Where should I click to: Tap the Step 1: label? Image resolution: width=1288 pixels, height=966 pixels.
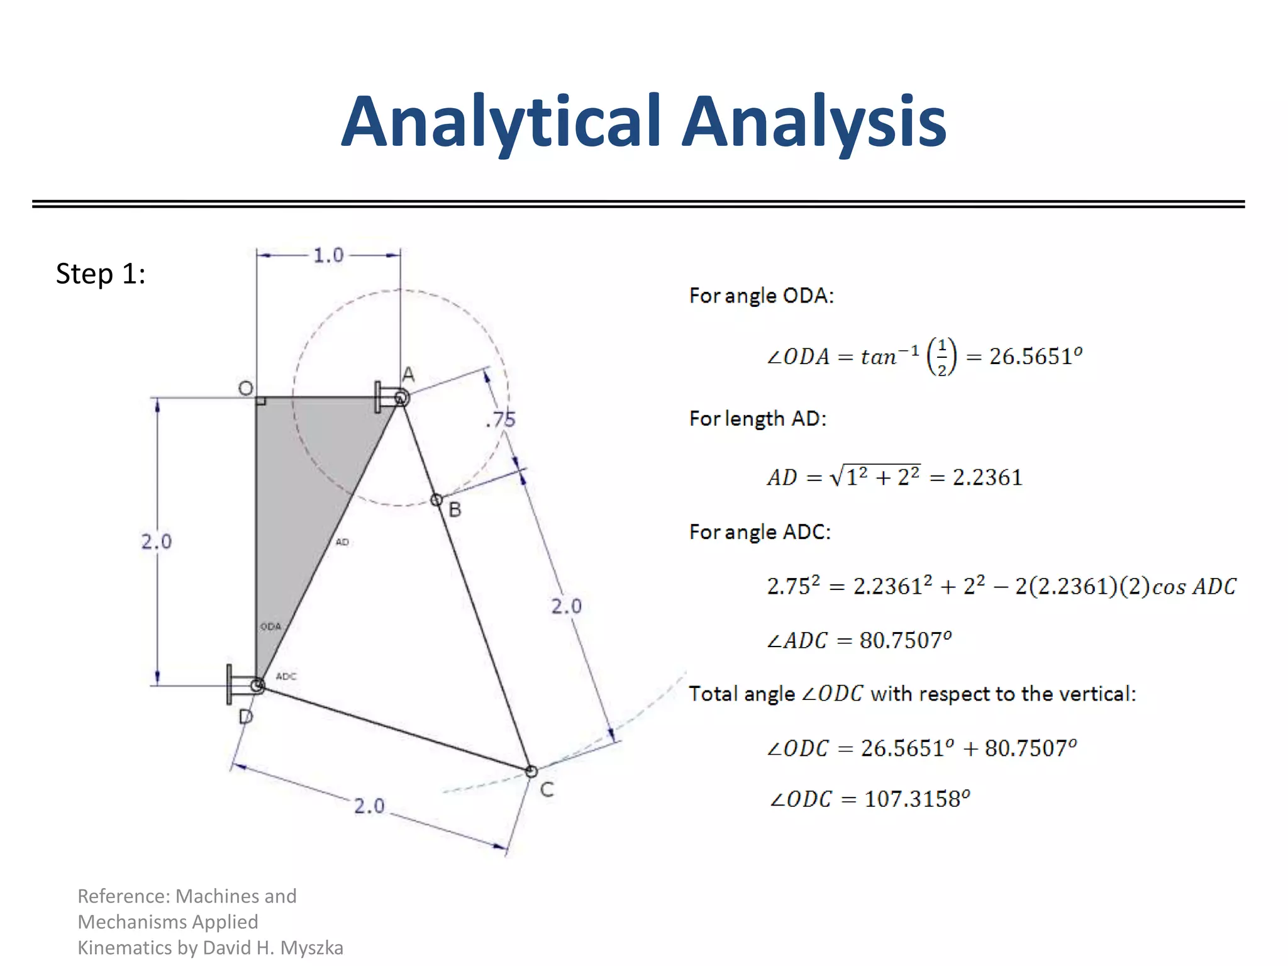click(101, 274)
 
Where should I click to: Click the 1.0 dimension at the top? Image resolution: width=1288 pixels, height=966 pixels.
click(328, 255)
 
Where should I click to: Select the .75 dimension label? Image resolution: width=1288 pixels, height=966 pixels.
click(501, 419)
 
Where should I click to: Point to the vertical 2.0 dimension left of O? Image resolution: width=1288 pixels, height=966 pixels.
click(156, 541)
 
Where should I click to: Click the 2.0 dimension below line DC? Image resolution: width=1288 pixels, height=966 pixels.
click(369, 806)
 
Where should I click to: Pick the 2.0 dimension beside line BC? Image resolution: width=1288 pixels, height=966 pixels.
click(566, 606)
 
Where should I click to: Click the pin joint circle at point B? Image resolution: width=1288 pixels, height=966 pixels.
click(436, 500)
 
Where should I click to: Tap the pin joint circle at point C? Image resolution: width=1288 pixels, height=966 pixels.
click(531, 771)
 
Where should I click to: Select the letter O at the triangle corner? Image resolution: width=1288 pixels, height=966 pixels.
click(246, 388)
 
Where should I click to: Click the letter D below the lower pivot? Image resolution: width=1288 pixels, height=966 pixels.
click(246, 716)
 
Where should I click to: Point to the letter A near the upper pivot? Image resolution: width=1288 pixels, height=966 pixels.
click(409, 375)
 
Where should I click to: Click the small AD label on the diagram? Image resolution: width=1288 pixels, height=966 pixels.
click(342, 541)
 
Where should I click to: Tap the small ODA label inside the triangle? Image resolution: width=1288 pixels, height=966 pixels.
click(271, 626)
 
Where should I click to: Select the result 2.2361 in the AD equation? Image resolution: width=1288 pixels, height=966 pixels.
click(987, 477)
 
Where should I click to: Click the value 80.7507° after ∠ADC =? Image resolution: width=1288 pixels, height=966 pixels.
click(905, 640)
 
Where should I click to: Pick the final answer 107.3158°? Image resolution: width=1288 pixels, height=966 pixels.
click(917, 799)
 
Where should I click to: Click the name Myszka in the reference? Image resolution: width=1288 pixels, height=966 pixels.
click(311, 947)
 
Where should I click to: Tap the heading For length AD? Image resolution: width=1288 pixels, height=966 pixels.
click(758, 418)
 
